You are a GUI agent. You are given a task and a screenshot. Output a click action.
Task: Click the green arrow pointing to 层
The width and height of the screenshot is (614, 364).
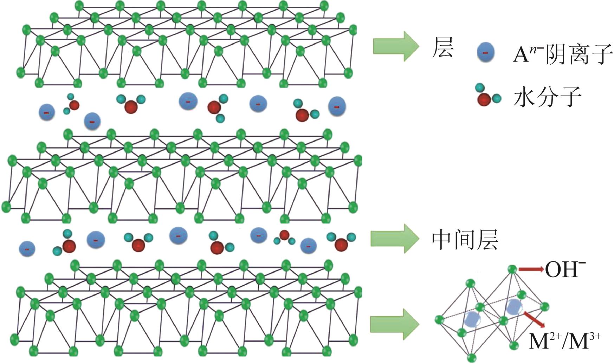pyautogui.click(x=396, y=46)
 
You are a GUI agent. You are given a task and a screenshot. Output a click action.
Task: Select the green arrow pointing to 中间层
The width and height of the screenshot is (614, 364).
pyautogui.click(x=394, y=239)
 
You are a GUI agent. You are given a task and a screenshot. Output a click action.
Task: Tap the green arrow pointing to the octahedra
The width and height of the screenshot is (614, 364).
pyautogui.click(x=394, y=324)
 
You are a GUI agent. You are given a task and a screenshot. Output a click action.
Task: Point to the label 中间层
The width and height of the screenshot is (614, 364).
pyautogui.click(x=465, y=240)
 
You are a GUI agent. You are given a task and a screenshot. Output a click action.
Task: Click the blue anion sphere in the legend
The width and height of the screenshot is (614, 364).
pyautogui.click(x=485, y=52)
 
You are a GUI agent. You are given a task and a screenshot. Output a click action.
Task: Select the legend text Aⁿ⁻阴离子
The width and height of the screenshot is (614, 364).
pyautogui.click(x=562, y=53)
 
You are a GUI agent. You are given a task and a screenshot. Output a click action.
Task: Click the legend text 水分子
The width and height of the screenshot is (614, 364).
pyautogui.click(x=547, y=97)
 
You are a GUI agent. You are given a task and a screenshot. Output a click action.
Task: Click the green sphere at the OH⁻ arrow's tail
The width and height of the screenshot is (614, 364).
pyautogui.click(x=512, y=269)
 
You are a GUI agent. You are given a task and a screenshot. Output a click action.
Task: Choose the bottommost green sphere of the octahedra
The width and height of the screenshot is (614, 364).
pyautogui.click(x=472, y=357)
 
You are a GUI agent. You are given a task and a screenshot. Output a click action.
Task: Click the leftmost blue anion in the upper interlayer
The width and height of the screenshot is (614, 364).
pyautogui.click(x=47, y=112)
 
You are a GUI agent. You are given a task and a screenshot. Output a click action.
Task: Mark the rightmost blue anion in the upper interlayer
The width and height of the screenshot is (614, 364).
pyautogui.click(x=337, y=106)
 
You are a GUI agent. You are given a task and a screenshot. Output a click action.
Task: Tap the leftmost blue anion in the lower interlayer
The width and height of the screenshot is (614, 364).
pyautogui.click(x=27, y=249)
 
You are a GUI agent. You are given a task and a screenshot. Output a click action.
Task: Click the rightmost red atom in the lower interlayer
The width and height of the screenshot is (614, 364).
pyautogui.click(x=341, y=245)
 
